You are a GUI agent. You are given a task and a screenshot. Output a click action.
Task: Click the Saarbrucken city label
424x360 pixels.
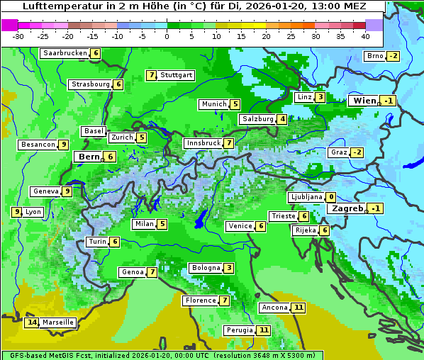tap(65, 53)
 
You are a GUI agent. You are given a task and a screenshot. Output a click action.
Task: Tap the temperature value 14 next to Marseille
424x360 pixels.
tap(31, 322)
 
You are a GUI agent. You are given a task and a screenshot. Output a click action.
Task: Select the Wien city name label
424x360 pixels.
tap(364, 101)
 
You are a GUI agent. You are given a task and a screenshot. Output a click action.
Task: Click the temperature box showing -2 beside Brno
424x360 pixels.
tap(393, 57)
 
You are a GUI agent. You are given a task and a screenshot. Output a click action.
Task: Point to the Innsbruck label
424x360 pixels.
tap(203, 143)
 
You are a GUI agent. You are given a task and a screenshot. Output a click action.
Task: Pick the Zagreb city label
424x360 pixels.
tap(347, 208)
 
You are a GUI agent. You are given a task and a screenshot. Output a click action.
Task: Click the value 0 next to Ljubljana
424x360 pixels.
tap(331, 197)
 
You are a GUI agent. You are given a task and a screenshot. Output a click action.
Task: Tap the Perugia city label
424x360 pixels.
tap(238, 330)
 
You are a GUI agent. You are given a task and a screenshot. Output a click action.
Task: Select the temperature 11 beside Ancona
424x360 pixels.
tap(299, 308)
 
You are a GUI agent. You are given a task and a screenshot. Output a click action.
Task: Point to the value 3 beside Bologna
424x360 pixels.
tap(228, 268)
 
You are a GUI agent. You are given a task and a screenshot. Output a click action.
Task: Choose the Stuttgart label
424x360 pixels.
tap(177, 75)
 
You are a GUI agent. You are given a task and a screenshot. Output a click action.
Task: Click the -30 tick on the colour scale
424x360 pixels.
tap(18, 36)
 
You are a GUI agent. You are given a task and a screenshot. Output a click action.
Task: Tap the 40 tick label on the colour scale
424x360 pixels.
tap(365, 36)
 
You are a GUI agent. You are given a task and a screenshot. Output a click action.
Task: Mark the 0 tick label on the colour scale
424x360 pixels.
tap(167, 36)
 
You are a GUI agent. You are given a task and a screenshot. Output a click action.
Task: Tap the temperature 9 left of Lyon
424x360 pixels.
tap(16, 212)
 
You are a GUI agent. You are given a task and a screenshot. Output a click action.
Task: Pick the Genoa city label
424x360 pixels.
tap(132, 272)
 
